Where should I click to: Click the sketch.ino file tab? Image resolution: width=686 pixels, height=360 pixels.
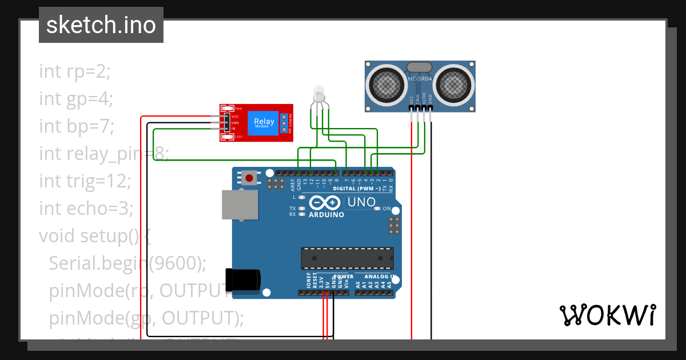tap(101, 25)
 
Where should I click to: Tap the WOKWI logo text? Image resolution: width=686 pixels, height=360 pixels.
tap(607, 315)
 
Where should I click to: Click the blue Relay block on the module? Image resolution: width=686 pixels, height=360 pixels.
tap(264, 122)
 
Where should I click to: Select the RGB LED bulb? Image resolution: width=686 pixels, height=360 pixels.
tap(319, 93)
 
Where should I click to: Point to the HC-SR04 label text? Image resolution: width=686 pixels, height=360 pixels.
tap(420, 79)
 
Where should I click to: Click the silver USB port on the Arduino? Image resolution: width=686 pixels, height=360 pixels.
tap(240, 205)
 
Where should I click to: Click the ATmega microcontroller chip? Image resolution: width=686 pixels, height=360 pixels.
tap(348, 258)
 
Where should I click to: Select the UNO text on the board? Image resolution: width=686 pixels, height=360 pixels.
tap(361, 202)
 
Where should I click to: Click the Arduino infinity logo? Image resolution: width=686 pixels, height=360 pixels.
tap(325, 202)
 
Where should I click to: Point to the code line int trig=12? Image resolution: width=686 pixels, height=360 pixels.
tap(85, 181)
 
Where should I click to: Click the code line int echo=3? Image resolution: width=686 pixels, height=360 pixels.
tap(86, 209)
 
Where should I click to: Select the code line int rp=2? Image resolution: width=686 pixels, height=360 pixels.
tap(74, 71)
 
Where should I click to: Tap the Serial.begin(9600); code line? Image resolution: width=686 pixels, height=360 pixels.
tap(127, 263)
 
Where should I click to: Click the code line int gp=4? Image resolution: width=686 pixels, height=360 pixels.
tap(76, 99)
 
